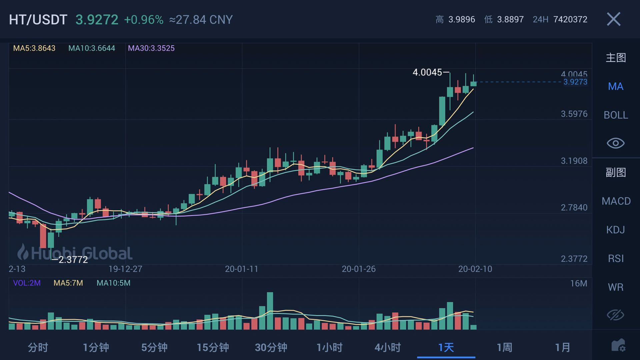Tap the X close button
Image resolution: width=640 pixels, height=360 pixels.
click(x=614, y=19)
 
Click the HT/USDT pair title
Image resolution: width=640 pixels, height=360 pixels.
click(x=38, y=20)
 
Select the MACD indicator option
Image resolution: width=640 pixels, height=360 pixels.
click(x=616, y=201)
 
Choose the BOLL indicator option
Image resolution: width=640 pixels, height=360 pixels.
click(x=616, y=115)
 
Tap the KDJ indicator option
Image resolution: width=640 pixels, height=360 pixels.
click(x=615, y=230)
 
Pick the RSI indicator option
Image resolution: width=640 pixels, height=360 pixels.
click(x=616, y=258)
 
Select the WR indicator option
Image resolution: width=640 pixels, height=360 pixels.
click(x=615, y=287)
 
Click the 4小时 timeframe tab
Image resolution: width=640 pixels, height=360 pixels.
click(x=388, y=348)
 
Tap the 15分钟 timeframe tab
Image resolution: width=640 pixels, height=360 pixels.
click(x=213, y=348)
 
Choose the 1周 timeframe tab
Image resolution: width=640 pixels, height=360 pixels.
click(x=504, y=348)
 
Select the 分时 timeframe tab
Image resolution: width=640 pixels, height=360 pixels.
click(x=38, y=348)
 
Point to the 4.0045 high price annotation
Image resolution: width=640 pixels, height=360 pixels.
click(x=427, y=72)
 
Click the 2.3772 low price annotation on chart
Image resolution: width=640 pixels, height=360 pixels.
click(x=73, y=260)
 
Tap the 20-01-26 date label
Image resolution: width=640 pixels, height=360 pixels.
click(x=359, y=269)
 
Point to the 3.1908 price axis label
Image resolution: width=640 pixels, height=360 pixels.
click(x=574, y=161)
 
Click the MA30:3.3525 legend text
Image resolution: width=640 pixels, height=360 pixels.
click(x=151, y=48)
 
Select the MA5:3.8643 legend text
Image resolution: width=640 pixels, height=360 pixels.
click(x=34, y=48)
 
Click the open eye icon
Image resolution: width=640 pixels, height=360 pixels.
click(x=615, y=143)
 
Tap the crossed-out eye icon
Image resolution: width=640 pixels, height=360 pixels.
click(x=615, y=315)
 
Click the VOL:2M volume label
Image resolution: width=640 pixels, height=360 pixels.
click(x=27, y=283)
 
